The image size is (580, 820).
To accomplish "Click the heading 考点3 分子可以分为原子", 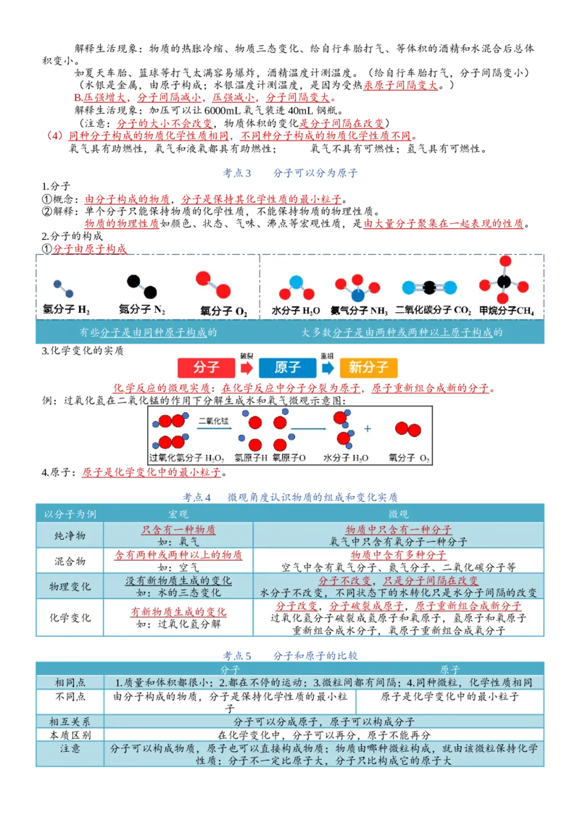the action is [290, 173].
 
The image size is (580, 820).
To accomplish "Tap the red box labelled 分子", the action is [206, 368].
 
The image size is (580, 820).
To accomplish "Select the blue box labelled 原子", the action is [287, 368].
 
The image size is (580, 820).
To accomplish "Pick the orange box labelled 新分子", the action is [368, 368].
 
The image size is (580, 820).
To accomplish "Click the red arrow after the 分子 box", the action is [246, 368].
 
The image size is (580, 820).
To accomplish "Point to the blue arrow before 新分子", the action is [328, 368].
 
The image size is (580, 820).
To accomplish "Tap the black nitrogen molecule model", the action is [142, 286].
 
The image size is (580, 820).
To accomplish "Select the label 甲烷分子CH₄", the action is [507, 311].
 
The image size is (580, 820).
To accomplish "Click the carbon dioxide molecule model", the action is [429, 287].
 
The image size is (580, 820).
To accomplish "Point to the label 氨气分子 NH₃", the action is [359, 311].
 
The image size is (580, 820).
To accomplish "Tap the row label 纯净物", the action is [70, 535].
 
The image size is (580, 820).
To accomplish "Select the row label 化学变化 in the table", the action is [70, 618].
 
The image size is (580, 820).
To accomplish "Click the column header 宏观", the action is [178, 514].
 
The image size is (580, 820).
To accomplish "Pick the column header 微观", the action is [398, 514].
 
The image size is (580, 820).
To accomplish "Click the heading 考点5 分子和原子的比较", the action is [290, 656].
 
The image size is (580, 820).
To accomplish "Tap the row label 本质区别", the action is [70, 735].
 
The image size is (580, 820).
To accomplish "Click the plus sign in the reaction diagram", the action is [368, 429].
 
